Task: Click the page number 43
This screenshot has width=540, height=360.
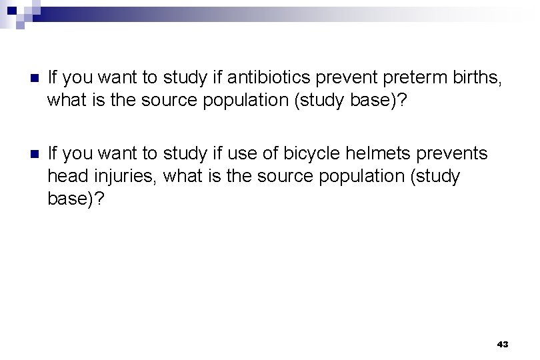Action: tap(503, 345)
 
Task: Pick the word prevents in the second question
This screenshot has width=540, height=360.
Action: tap(460, 154)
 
